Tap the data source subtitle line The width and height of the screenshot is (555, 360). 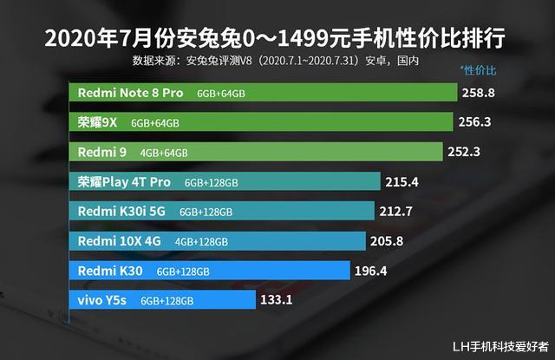coord(275,61)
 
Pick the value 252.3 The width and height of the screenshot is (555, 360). coord(467,152)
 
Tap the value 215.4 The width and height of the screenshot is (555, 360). coord(402,182)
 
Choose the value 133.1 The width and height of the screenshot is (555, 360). coord(277,300)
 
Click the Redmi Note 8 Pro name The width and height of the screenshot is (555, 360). coord(131,92)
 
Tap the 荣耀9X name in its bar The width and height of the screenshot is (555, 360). coord(98,122)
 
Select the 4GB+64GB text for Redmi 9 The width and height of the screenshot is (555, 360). coord(164,153)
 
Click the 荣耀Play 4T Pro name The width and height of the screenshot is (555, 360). coord(125,182)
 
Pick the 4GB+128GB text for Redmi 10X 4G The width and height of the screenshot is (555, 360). coord(201,242)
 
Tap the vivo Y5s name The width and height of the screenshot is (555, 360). coord(103,300)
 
